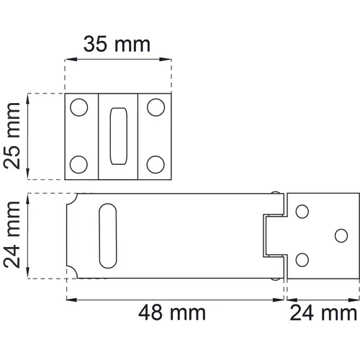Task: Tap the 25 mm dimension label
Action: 12,136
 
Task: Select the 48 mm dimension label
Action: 172,313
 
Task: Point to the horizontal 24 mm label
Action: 323,313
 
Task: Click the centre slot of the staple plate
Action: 117,136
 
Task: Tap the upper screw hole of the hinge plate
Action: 302,211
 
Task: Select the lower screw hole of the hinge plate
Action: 302,259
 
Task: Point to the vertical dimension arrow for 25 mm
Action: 28,136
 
